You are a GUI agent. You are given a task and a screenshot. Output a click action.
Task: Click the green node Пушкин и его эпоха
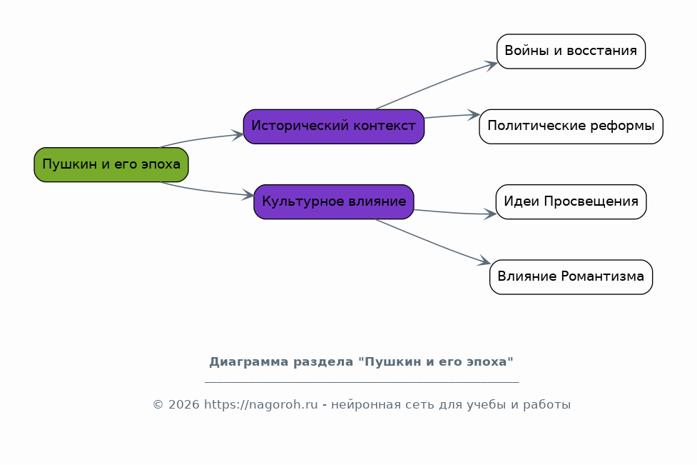coord(111,164)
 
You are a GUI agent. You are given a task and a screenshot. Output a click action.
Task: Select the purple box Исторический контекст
coord(333,126)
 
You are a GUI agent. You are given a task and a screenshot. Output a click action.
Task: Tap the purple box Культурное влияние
coord(333,201)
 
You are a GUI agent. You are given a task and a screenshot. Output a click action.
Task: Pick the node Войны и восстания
coord(571,51)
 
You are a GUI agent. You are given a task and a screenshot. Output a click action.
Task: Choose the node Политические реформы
coord(571,126)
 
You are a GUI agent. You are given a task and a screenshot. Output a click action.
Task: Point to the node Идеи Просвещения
coord(571,201)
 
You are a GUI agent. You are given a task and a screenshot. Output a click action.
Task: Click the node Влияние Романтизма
coord(571,277)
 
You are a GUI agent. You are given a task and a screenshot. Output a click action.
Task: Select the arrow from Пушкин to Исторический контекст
coord(203,139)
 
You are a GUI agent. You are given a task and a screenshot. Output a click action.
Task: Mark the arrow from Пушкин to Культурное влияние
coord(207,190)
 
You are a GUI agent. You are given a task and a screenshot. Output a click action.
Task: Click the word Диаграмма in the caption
coord(243,362)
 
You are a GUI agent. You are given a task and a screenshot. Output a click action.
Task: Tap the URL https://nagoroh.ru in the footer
coord(260,405)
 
